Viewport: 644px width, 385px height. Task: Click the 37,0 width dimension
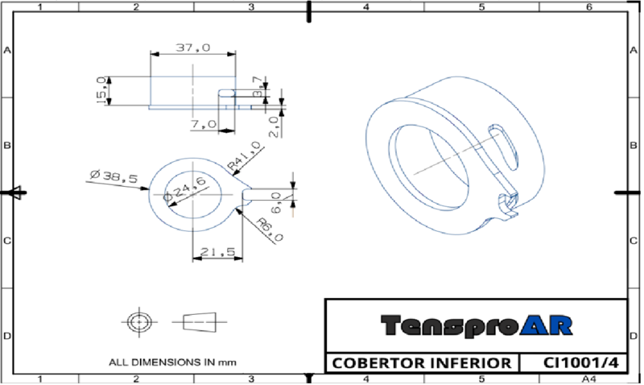click(x=193, y=48)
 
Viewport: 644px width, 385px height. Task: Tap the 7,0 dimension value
click(x=204, y=124)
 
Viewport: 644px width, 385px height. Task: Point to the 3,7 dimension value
click(x=257, y=87)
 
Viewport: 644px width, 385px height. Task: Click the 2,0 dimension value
click(x=274, y=126)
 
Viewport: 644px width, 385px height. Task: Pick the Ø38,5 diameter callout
click(x=114, y=176)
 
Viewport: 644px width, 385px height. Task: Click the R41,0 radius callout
click(x=244, y=156)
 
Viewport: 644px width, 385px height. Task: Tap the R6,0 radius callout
click(x=269, y=230)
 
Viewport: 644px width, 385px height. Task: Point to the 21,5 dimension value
click(x=217, y=252)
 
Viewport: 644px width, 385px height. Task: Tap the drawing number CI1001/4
click(x=573, y=363)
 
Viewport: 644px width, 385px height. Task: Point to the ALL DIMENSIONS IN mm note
click(x=172, y=362)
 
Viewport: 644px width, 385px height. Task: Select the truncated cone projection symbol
click(x=200, y=321)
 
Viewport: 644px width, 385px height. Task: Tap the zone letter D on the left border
click(x=7, y=334)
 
